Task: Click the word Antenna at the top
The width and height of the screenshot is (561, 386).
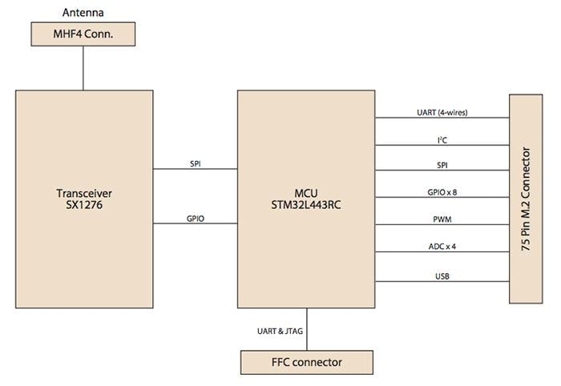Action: tap(83, 12)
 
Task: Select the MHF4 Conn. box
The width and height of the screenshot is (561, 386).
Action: tap(83, 34)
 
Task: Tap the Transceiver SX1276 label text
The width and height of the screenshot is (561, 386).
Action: tap(84, 199)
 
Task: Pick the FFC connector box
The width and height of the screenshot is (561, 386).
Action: tap(306, 362)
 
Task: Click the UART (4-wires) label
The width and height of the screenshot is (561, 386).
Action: tap(441, 112)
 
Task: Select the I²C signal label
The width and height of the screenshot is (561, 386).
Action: tap(442, 139)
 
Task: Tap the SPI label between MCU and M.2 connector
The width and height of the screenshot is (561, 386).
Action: tap(442, 165)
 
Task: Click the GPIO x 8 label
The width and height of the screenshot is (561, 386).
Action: tap(442, 192)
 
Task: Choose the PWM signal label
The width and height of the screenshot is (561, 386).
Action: tap(442, 219)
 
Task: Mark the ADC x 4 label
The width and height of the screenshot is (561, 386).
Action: tap(442, 246)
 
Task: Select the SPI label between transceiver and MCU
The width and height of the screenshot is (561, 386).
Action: tap(196, 163)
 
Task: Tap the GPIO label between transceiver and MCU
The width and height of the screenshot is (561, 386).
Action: tap(196, 217)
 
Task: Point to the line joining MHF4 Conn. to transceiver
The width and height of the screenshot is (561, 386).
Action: tap(83, 68)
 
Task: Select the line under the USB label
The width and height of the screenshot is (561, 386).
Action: tap(442, 281)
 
